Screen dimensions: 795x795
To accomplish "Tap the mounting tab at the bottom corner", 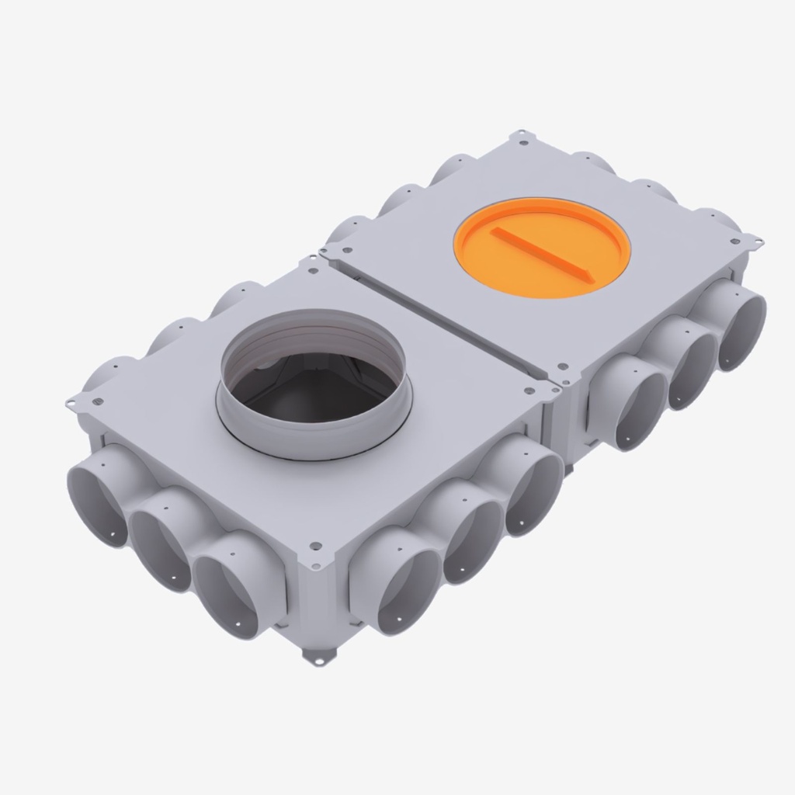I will point(316,658).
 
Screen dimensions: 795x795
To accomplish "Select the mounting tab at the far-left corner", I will point(74,403).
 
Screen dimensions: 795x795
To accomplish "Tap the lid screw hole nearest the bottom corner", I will point(315,546).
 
